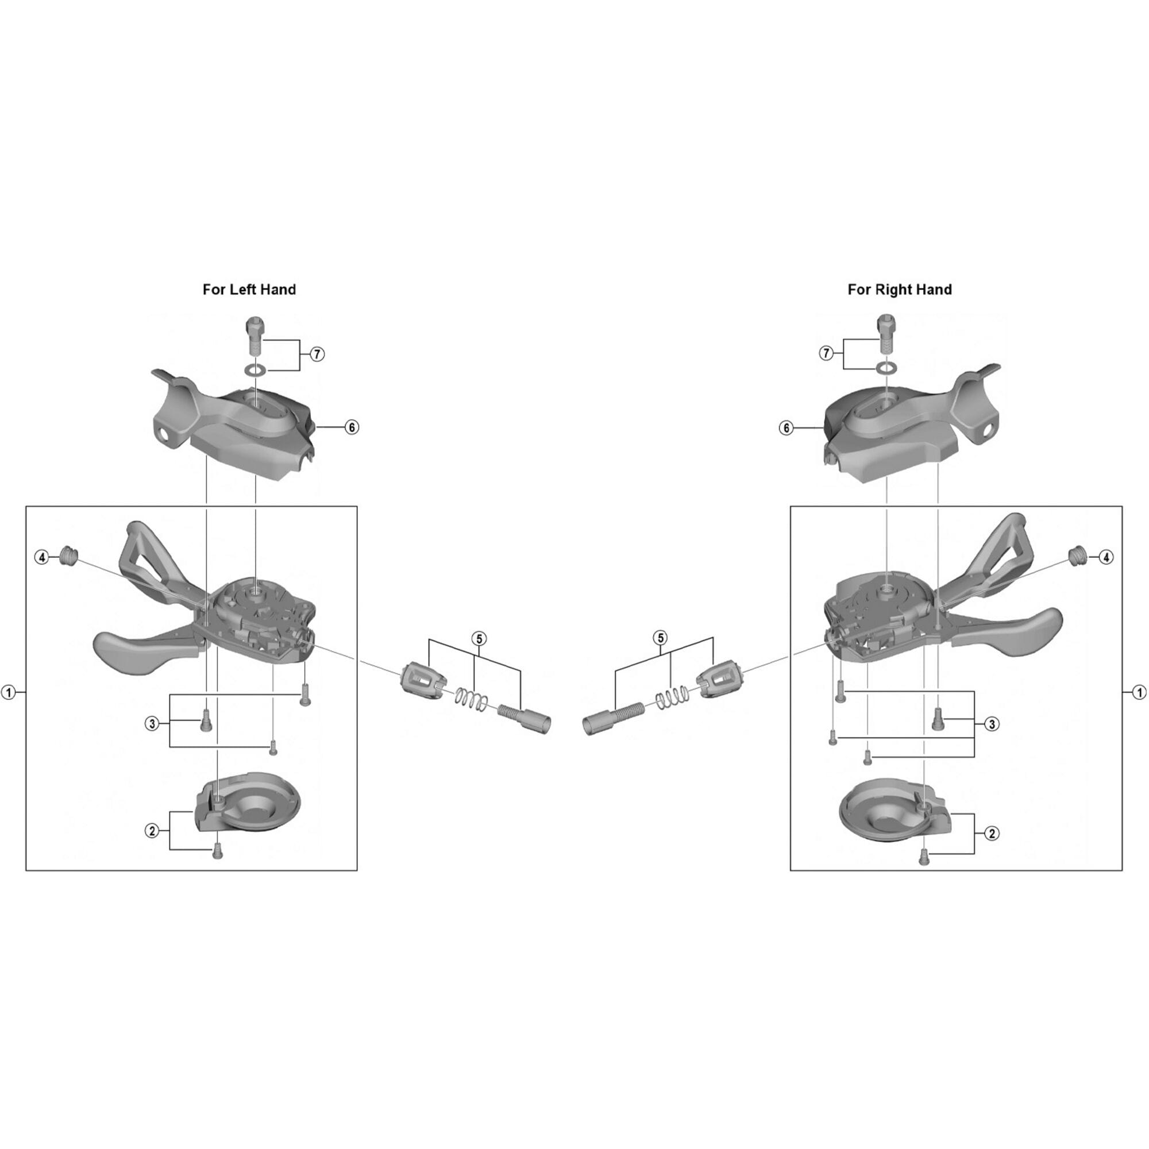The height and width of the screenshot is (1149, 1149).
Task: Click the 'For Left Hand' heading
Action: pos(249,290)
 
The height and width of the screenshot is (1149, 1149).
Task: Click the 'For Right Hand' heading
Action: pos(899,290)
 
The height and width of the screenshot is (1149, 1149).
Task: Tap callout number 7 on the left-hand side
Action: pos(317,354)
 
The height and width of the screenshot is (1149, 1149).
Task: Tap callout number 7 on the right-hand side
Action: pos(826,353)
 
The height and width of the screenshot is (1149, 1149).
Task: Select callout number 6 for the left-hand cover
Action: pos(352,427)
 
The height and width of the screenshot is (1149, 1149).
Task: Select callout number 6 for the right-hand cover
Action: pos(786,427)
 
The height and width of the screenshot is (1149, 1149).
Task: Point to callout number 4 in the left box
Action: pos(41,557)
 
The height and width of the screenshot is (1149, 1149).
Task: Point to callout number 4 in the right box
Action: pos(1105,557)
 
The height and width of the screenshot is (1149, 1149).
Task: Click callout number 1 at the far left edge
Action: pos(8,692)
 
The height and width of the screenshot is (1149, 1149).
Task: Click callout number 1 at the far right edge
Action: pos(1139,692)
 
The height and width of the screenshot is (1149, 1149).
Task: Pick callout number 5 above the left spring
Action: pos(479,639)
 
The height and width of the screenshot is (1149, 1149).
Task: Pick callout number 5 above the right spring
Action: pos(660,638)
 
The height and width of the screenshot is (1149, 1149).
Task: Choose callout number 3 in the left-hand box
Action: pos(152,724)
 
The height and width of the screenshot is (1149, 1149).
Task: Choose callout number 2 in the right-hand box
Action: pos(992,833)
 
